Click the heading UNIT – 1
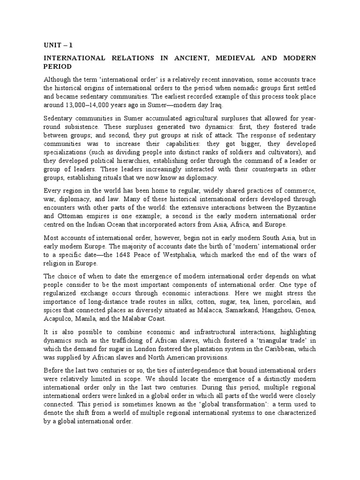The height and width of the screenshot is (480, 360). coord(58,45)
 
